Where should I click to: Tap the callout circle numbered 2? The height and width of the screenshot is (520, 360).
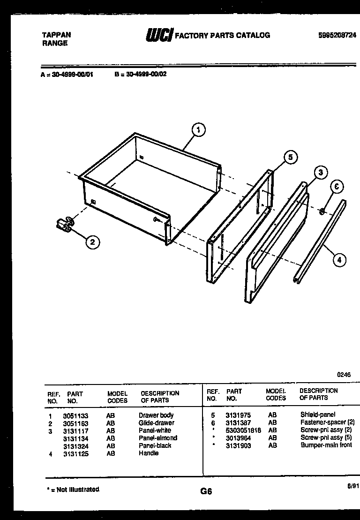pos(92,242)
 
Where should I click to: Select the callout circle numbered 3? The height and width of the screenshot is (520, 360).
pos(320,173)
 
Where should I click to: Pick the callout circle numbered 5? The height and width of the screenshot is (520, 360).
pos(290,158)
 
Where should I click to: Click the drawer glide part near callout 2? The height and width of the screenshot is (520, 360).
pos(64,224)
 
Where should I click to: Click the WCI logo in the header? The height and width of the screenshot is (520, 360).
pos(159,36)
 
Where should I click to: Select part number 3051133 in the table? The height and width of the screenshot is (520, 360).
pos(75,415)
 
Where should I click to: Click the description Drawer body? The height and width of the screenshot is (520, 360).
pos(156,415)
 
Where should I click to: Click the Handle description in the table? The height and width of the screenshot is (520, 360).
pos(149,453)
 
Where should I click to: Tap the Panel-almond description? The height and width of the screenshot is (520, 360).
pos(158,438)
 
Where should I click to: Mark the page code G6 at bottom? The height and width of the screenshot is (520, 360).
pos(206,491)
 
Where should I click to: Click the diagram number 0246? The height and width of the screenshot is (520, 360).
pos(344,375)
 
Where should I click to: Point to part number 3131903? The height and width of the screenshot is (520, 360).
pos(238,445)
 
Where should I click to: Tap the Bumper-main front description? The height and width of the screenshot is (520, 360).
pos(326,445)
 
